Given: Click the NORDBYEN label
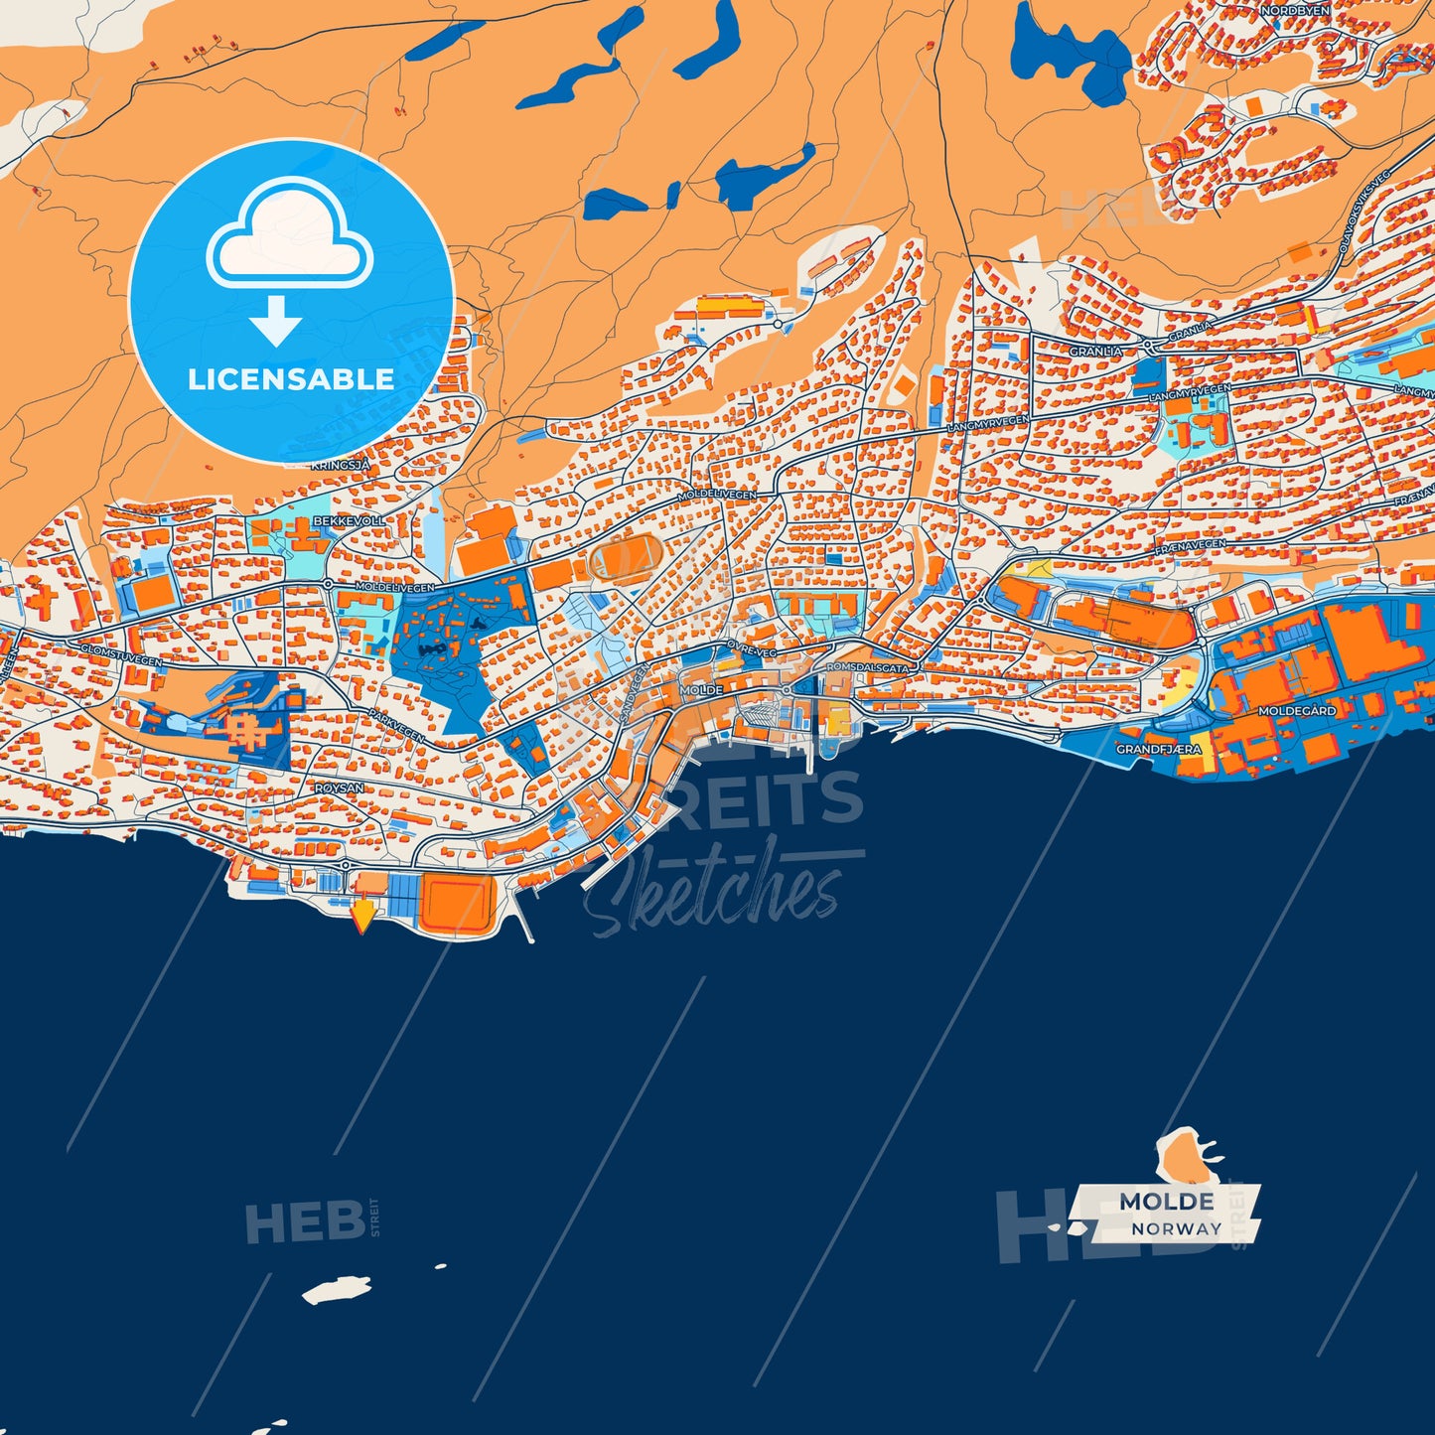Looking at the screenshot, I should [1294, 10].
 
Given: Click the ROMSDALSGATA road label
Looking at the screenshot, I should [867, 668].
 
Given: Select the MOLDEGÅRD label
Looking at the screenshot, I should [1297, 711].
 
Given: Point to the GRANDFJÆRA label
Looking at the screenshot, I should [1159, 749].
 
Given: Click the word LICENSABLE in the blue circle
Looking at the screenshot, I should [291, 379].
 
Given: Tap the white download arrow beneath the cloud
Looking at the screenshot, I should [276, 320].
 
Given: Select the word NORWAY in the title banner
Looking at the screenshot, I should [1177, 1228].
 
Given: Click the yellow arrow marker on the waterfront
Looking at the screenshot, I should [363, 914].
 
